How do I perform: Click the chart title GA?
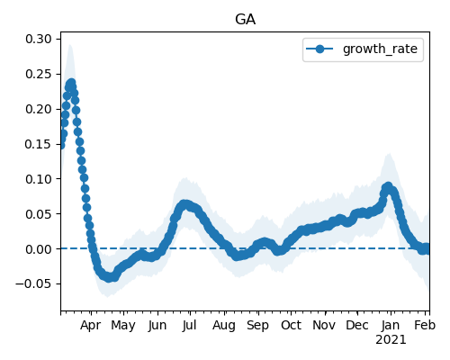click(245, 20)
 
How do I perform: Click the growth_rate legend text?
click(380, 49)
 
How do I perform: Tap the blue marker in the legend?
click(319, 49)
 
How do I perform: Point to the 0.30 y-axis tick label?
click(39, 39)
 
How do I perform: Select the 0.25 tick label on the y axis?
click(39, 74)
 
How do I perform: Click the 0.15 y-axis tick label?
click(39, 144)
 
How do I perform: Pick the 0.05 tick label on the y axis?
click(39, 214)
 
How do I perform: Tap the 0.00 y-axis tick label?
click(39, 249)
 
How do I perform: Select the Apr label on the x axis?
click(91, 326)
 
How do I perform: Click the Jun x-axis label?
click(157, 326)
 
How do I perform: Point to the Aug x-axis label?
click(224, 326)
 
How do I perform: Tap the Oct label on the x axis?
click(291, 325)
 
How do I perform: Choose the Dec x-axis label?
click(357, 325)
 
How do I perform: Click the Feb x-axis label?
click(425, 325)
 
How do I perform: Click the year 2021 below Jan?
click(391, 340)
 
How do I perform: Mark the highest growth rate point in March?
click(71, 83)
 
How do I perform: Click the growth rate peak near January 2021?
click(388, 186)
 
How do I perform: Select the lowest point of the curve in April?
click(110, 277)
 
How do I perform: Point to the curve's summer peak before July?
click(184, 205)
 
